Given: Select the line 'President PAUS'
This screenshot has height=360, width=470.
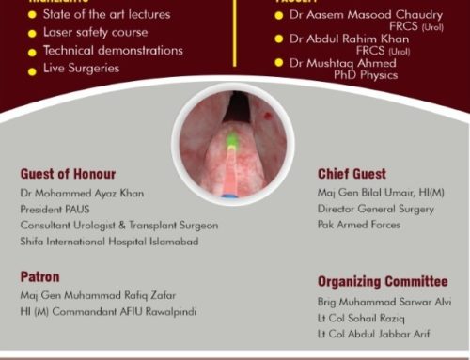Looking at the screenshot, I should tap(55, 210).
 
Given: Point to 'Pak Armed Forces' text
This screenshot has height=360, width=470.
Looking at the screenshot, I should tap(359, 226).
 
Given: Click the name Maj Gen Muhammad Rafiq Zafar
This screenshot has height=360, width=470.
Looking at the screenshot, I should tap(99, 296).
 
